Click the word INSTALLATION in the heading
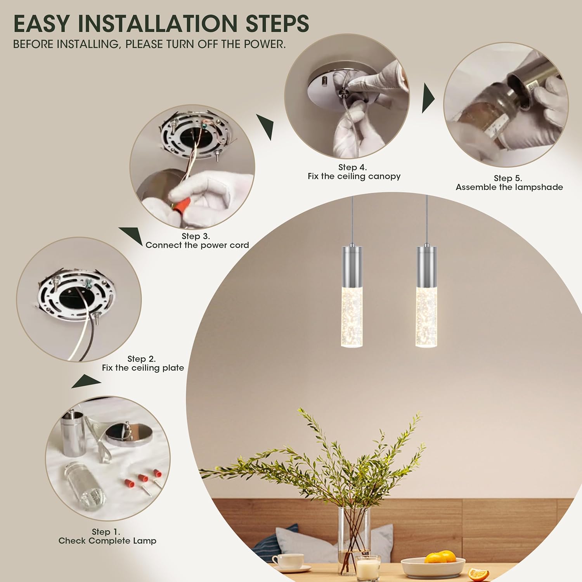pos(158,24)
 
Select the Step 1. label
pos(106,532)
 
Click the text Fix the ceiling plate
pos(143,368)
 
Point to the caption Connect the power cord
pos(197,245)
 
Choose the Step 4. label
pos(352,168)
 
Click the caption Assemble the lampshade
pos(509,187)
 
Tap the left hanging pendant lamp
pos(352,295)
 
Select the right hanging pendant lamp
pos(426,295)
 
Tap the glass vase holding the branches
pos(354,541)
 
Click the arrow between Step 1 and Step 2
pos(86,381)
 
